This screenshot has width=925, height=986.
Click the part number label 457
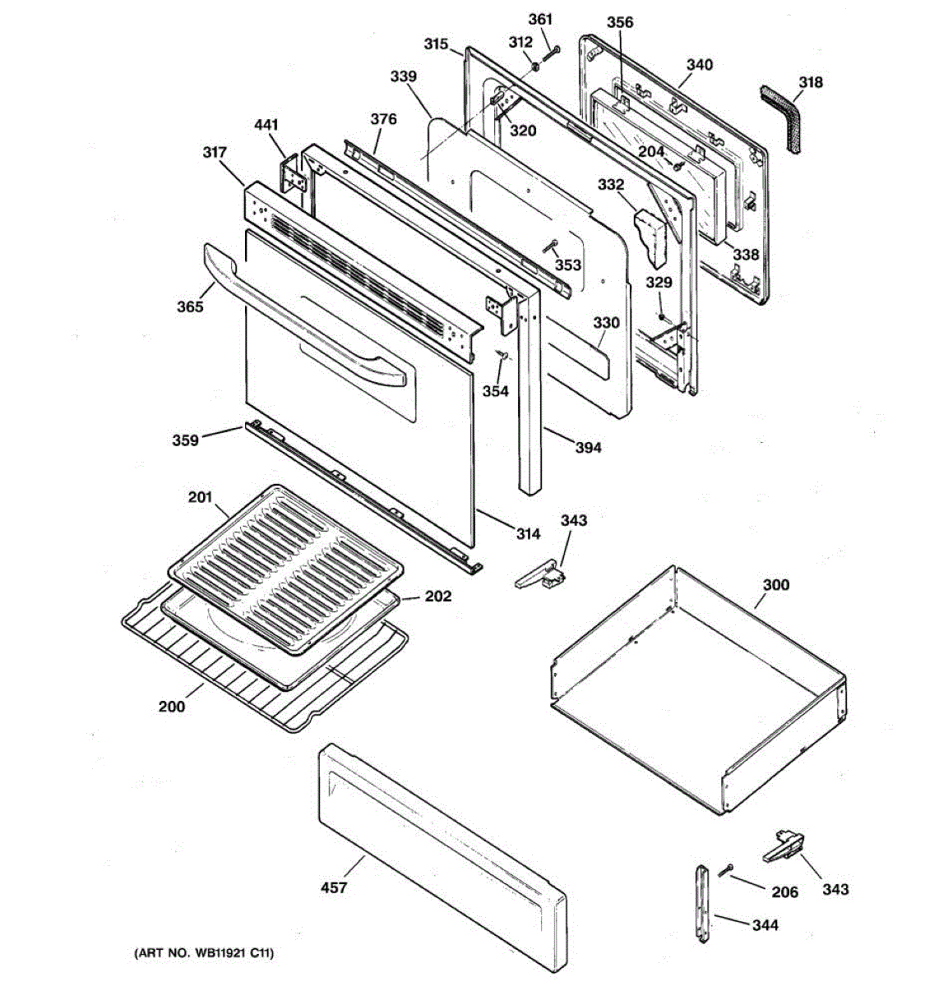(x=334, y=887)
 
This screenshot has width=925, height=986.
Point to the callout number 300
(x=775, y=585)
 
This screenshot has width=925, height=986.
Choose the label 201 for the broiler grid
(x=200, y=497)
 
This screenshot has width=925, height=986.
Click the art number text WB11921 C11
(x=203, y=953)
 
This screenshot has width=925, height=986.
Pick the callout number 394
(x=588, y=448)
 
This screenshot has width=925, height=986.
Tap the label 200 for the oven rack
(x=173, y=706)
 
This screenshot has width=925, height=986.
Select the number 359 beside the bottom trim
(x=185, y=440)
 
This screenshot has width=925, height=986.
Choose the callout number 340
(x=700, y=64)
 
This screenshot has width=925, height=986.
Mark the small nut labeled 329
(x=661, y=316)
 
